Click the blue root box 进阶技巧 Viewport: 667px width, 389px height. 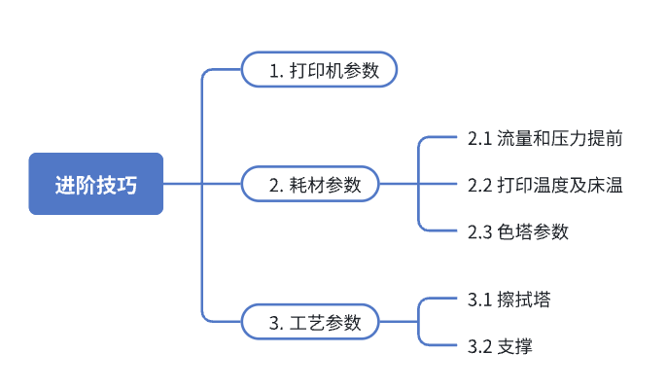[95, 184]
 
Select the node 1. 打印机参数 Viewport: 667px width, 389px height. [319, 71]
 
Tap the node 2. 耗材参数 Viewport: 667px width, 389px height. [310, 184]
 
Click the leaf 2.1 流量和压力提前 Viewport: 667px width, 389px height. [544, 138]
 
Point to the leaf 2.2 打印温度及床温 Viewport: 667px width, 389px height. [544, 185]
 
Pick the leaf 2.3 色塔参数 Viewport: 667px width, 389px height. [517, 231]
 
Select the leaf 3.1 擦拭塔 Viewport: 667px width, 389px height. [509, 300]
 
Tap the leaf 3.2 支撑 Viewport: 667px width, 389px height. [500, 346]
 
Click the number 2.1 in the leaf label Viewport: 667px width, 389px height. [478, 138]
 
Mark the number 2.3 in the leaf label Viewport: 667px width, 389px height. [478, 231]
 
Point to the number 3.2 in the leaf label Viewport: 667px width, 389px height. [478, 346]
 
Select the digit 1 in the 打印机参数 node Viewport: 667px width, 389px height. [274, 71]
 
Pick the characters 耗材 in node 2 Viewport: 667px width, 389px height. [307, 184]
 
